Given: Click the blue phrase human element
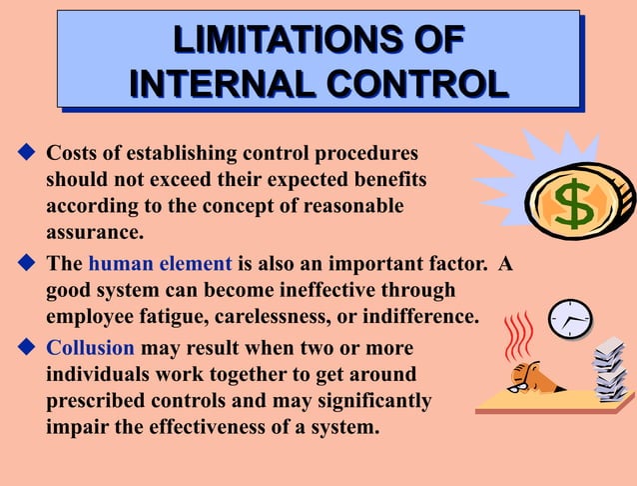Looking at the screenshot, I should (160, 265).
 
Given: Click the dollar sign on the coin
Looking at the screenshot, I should (574, 205).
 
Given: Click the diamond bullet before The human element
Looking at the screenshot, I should (26, 265).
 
